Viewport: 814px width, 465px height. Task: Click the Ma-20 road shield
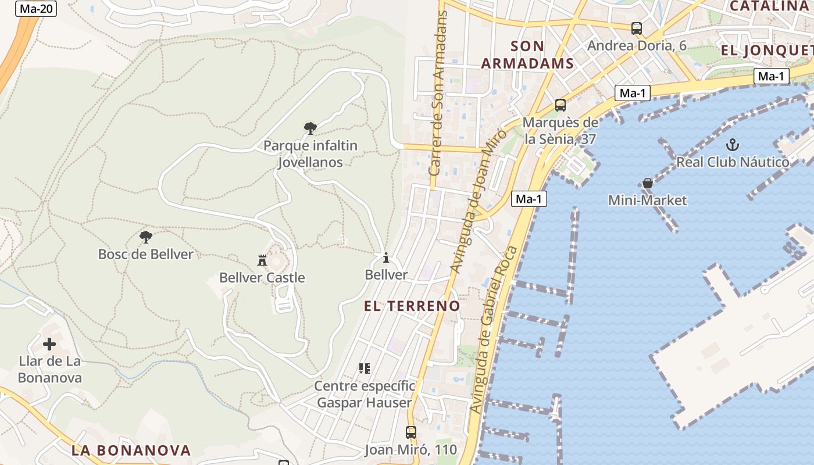click(x=36, y=9)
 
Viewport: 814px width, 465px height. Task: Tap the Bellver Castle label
click(x=262, y=278)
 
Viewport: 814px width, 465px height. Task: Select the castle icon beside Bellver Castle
click(x=262, y=260)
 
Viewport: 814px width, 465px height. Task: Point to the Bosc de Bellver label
click(x=145, y=254)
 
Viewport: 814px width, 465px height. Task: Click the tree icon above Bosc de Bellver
click(x=146, y=237)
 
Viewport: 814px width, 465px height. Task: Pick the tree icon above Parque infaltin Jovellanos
click(x=310, y=128)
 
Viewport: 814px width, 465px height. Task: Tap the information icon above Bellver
click(x=385, y=257)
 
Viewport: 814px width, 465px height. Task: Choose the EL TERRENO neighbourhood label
click(x=412, y=306)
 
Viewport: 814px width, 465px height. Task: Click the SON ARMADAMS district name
click(x=527, y=55)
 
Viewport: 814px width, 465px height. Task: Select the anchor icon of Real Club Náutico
click(x=733, y=144)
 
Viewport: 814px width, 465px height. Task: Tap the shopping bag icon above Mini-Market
click(x=648, y=183)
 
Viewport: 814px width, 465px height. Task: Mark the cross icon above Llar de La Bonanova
click(x=49, y=344)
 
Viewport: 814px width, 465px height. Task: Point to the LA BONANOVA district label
click(x=131, y=450)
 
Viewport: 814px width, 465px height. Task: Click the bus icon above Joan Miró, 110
click(x=411, y=432)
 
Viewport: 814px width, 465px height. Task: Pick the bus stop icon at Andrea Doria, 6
click(x=637, y=28)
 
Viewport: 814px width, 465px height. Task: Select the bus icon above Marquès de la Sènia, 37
click(x=560, y=105)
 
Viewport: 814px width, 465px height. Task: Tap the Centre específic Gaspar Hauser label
click(x=365, y=394)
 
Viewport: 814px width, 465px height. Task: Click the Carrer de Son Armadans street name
click(x=439, y=93)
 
